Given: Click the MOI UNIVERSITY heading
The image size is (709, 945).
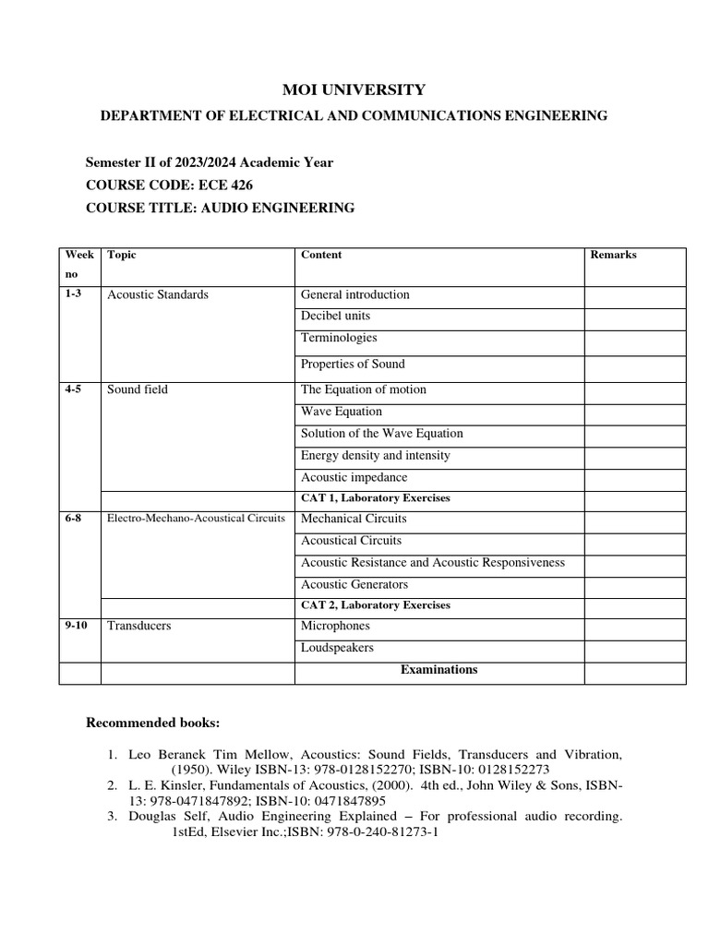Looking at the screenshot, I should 354,90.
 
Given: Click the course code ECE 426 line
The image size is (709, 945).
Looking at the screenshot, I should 169,185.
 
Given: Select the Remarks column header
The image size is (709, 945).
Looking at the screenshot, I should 613,255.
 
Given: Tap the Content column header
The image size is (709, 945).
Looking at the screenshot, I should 321,255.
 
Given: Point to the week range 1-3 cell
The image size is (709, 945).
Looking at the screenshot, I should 73,294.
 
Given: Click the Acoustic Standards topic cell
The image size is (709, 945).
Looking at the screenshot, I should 158,294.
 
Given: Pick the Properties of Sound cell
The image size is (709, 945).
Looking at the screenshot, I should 353,364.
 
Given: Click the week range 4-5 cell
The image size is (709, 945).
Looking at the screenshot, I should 73,389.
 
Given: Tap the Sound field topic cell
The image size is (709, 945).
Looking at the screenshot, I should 138,389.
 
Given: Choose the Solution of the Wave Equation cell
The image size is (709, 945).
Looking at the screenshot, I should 382,433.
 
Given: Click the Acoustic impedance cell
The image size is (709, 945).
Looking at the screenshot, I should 354,477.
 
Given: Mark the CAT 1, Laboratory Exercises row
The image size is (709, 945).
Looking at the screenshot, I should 376,498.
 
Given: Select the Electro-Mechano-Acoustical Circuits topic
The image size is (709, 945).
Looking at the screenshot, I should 196,519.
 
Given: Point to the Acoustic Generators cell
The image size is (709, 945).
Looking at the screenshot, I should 354,584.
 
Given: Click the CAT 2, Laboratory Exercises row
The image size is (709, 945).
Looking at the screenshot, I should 376,605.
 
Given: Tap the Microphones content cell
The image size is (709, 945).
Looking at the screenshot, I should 335,626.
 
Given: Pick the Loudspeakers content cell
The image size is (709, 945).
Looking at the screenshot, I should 337,648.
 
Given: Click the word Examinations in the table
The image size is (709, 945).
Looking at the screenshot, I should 439,670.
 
